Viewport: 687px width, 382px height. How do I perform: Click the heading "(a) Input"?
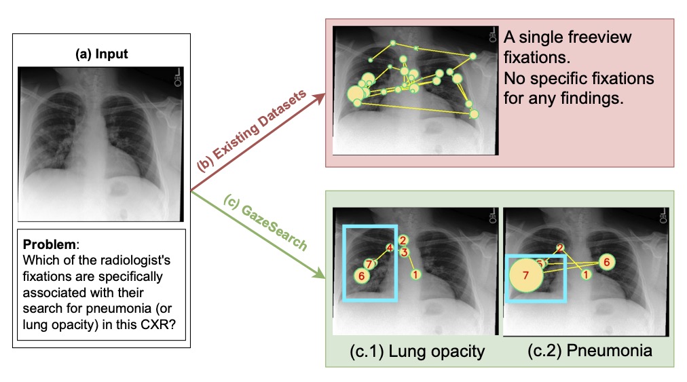pyautogui.click(x=102, y=54)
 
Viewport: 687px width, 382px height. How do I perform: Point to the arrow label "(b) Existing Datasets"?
pyautogui.click(x=251, y=130)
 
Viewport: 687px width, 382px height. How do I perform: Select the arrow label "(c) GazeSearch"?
pyautogui.click(x=265, y=222)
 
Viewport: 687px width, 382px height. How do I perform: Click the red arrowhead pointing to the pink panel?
pyautogui.click(x=320, y=98)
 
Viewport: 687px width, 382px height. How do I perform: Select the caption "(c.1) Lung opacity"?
pyautogui.click(x=417, y=351)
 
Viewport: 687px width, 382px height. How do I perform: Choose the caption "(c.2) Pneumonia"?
pyautogui.click(x=590, y=351)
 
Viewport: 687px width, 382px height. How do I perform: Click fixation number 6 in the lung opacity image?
pyautogui.click(x=361, y=275)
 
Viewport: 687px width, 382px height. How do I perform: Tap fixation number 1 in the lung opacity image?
pyautogui.click(x=415, y=275)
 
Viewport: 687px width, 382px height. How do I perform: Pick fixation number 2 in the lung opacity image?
pyautogui.click(x=403, y=240)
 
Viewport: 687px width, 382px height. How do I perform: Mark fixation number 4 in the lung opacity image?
pyautogui.click(x=390, y=248)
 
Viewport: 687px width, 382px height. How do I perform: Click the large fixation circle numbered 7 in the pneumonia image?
pyautogui.click(x=525, y=275)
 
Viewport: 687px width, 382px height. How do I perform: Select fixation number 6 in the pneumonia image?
pyautogui.click(x=607, y=262)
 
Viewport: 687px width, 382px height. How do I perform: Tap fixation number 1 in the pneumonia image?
pyautogui.click(x=586, y=275)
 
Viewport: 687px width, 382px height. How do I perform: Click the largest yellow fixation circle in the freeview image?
pyautogui.click(x=356, y=94)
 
